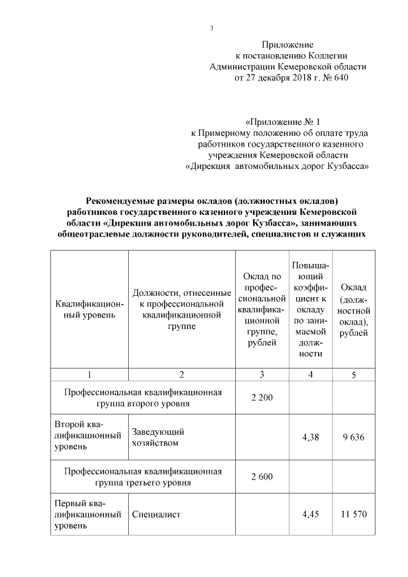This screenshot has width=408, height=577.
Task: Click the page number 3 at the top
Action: tap(211, 29)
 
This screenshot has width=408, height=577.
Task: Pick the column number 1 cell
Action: tap(89, 374)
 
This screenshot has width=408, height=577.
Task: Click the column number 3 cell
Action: tap(261, 374)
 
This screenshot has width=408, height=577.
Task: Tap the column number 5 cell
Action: tap(354, 374)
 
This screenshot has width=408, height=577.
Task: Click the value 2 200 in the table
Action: tap(261, 398)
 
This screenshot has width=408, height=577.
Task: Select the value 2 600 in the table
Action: tap(261, 476)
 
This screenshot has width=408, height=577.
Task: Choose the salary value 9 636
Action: tap(354, 437)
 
